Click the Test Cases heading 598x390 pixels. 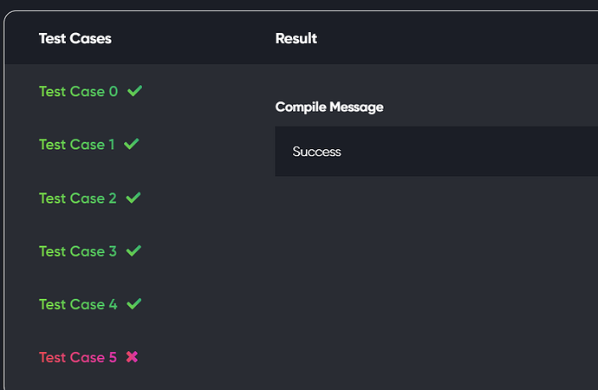pos(75,38)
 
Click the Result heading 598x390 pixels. pos(296,38)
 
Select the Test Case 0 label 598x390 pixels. pos(78,92)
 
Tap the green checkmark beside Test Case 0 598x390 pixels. pos(134,91)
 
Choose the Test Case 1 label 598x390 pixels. pos(76,145)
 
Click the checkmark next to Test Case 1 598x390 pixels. pos(132,144)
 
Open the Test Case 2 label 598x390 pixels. pos(77,198)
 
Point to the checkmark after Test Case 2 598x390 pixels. pos(133,198)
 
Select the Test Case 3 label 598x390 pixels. pos(78,251)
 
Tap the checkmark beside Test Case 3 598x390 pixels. pos(133,250)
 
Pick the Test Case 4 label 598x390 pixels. pos(78,304)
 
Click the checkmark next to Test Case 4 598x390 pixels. pos(134,303)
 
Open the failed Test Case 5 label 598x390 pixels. pos(78,357)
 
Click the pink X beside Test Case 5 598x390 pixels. pos(133,357)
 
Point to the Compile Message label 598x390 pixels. pos(329,107)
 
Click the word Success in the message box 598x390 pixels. pos(316,152)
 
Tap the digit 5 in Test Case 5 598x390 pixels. pos(113,357)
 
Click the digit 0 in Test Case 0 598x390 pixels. pos(114,92)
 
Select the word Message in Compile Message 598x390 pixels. pos(356,107)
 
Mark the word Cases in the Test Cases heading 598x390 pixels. pos(91,38)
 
